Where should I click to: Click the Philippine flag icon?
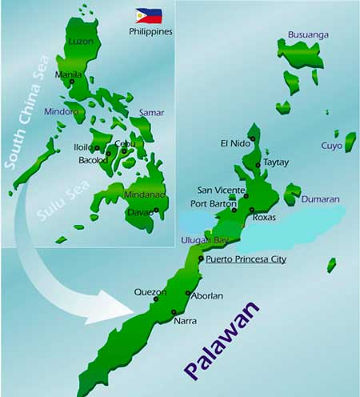click(x=148, y=16)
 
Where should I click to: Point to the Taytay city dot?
click(x=257, y=165)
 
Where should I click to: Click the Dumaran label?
click(x=320, y=198)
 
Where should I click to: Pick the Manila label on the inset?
click(x=66, y=74)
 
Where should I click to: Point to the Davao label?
click(x=139, y=212)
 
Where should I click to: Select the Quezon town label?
click(x=150, y=292)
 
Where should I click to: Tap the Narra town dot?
click(x=174, y=312)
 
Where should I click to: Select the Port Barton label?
click(x=217, y=202)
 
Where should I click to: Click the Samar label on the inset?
click(x=151, y=113)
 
